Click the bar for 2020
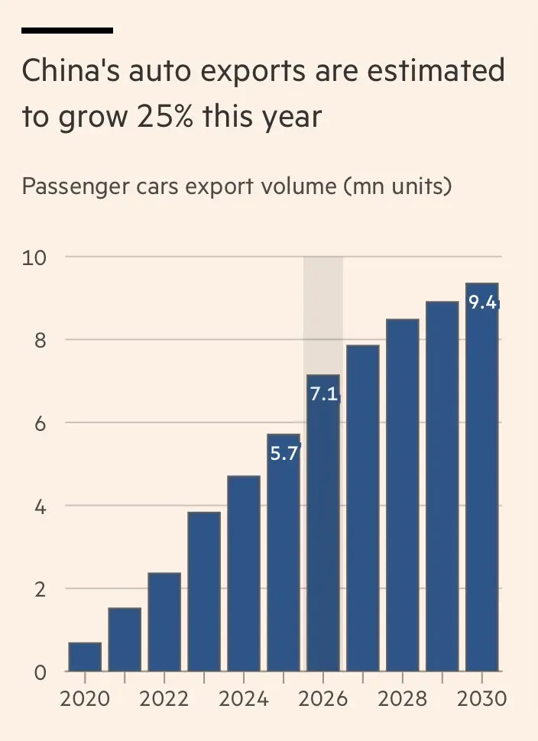[85, 657]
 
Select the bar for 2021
[125, 640]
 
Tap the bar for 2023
[204, 592]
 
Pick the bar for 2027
[363, 509]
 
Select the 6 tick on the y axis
[40, 423]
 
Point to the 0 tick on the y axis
[40, 672]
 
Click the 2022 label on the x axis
[164, 699]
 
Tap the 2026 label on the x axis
[323, 699]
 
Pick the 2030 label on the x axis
[481, 699]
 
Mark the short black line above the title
[67, 31]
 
